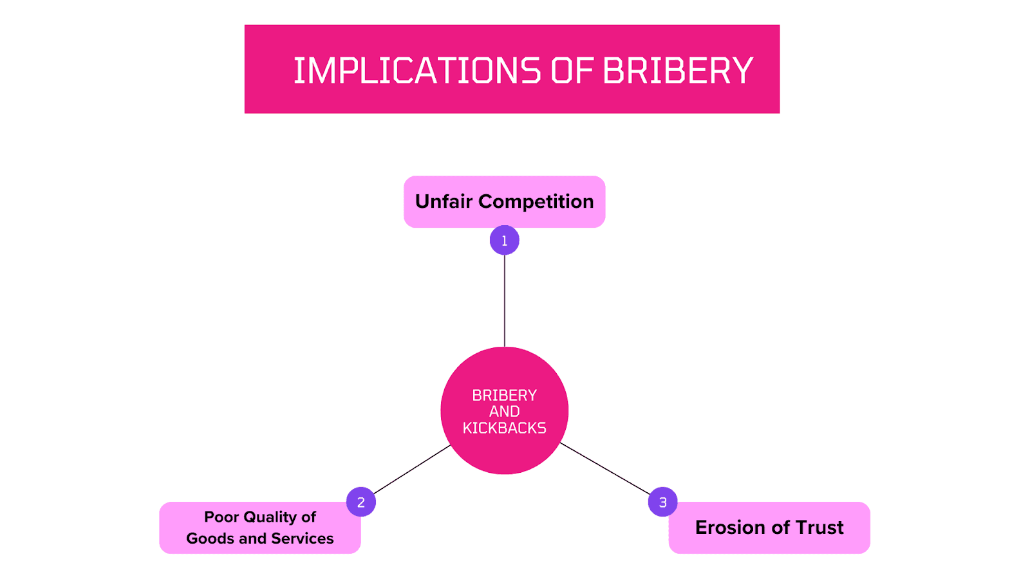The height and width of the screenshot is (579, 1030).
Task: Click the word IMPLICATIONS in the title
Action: [x=417, y=71]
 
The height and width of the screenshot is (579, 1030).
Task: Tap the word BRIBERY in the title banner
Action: [x=678, y=71]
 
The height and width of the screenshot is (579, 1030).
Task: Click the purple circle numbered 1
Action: [x=504, y=241]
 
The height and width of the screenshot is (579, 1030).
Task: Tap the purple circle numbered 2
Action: [x=360, y=502]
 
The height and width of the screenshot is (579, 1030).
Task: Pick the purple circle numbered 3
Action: [x=662, y=502]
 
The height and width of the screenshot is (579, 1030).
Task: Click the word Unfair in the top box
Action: [x=444, y=202]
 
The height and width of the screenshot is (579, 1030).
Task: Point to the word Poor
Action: [x=221, y=517]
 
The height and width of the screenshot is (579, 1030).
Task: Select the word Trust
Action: [x=819, y=528]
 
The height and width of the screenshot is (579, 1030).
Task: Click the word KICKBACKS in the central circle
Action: [x=504, y=428]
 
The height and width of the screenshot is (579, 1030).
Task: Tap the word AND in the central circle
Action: [x=504, y=412]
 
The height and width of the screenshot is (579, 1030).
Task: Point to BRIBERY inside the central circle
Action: [x=504, y=395]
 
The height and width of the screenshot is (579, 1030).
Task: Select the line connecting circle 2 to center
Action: [x=412, y=470]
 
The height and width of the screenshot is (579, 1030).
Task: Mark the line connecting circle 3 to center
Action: [x=605, y=469]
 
